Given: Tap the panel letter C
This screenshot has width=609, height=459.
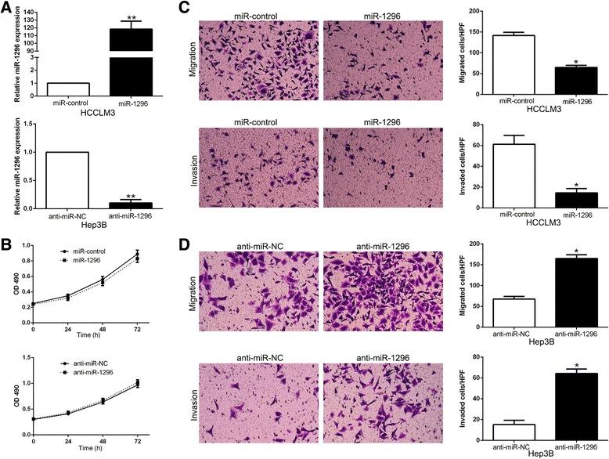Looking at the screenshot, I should tap(185, 7).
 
